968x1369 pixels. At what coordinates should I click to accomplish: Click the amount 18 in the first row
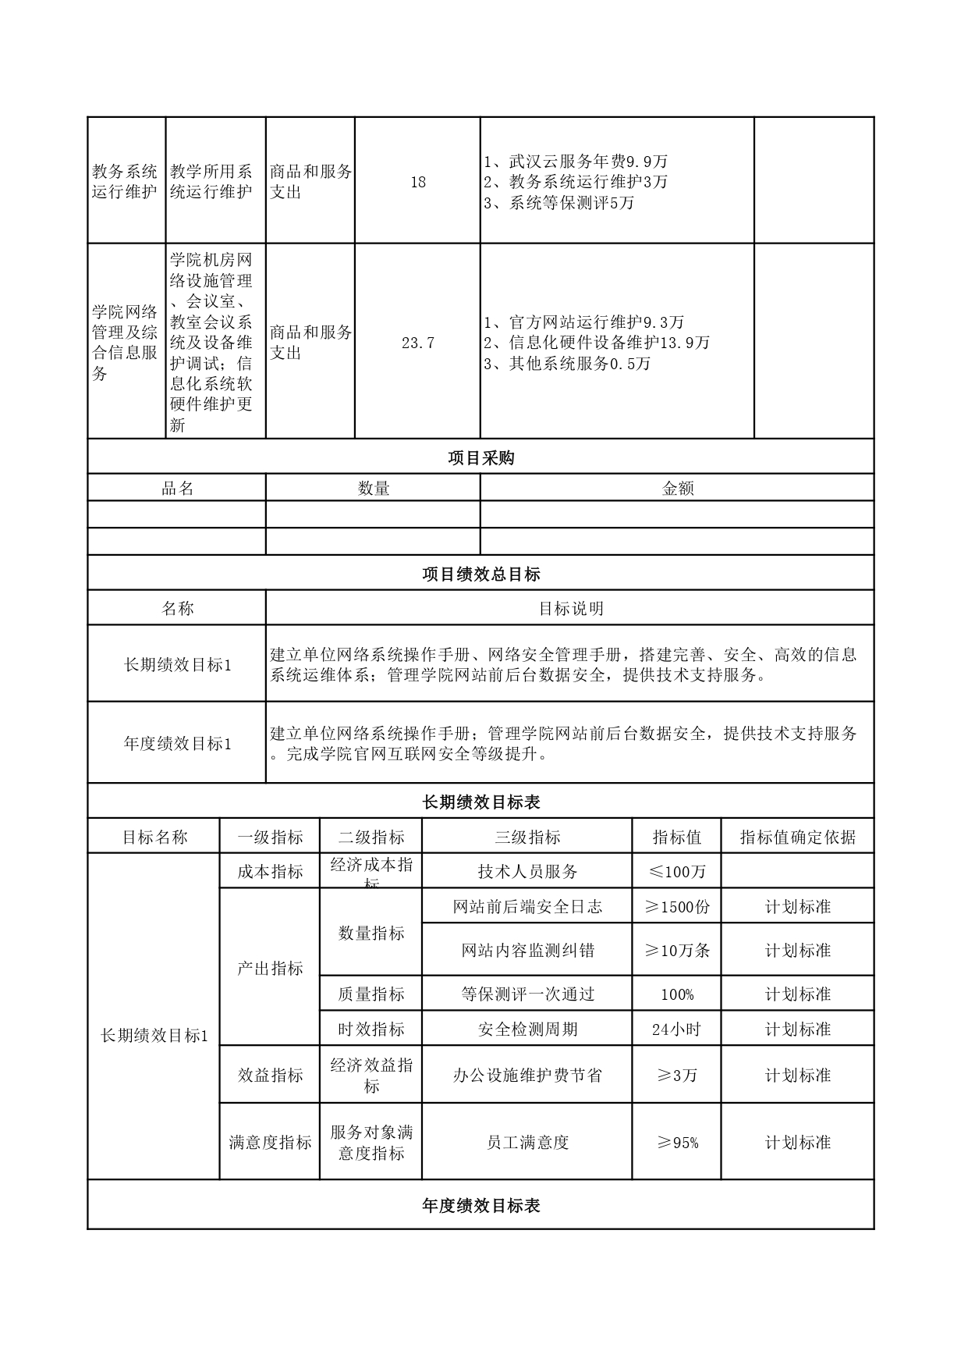[418, 182]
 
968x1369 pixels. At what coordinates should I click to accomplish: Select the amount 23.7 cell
[418, 343]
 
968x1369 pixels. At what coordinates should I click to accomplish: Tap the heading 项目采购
[480, 458]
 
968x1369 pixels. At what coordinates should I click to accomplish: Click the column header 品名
[177, 489]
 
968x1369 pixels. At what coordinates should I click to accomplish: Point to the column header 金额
[677, 489]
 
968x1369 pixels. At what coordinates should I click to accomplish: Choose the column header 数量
[373, 489]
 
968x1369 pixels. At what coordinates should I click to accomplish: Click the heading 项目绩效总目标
[480, 574]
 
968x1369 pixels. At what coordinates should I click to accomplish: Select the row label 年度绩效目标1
[177, 744]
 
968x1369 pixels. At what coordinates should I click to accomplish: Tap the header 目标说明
[570, 609]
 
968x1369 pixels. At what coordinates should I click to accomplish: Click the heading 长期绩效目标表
[480, 802]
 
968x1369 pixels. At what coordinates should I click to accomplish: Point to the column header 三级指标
[527, 837]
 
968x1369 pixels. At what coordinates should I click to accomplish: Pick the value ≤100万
[676, 872]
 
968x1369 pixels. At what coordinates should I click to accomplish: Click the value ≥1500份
[676, 907]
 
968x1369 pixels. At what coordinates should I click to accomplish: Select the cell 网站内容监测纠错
[527, 951]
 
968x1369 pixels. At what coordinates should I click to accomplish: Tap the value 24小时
[676, 1029]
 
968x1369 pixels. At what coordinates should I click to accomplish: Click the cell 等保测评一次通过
[527, 994]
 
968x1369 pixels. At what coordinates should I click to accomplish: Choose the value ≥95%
[676, 1143]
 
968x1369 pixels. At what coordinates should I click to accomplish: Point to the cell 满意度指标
[270, 1143]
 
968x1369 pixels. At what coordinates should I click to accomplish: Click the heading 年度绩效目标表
[480, 1206]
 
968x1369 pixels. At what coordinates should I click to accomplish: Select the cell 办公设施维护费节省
[527, 1076]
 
